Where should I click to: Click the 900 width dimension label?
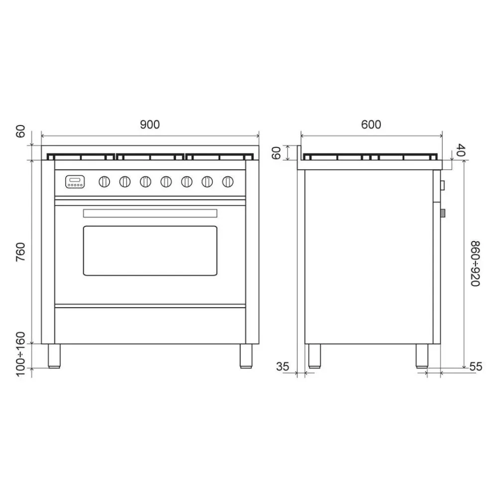[x=149, y=124]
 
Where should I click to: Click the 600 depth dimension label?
[x=371, y=124]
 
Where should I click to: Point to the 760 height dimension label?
[x=20, y=252]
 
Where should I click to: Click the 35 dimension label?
[x=282, y=367]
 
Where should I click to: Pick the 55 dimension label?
[x=476, y=367]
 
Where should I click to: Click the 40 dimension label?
[x=460, y=150]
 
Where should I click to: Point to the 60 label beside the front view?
[x=20, y=132]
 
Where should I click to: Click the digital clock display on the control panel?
[x=75, y=180]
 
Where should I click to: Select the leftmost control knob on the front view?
[x=105, y=182]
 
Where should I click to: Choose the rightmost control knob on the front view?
[x=228, y=182]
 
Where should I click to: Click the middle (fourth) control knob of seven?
[x=166, y=182]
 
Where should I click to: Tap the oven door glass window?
[x=150, y=250]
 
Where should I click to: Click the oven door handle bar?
[x=150, y=213]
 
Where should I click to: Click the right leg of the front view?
[x=246, y=356]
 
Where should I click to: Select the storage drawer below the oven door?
[x=150, y=325]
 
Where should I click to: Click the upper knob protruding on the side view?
[x=442, y=186]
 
